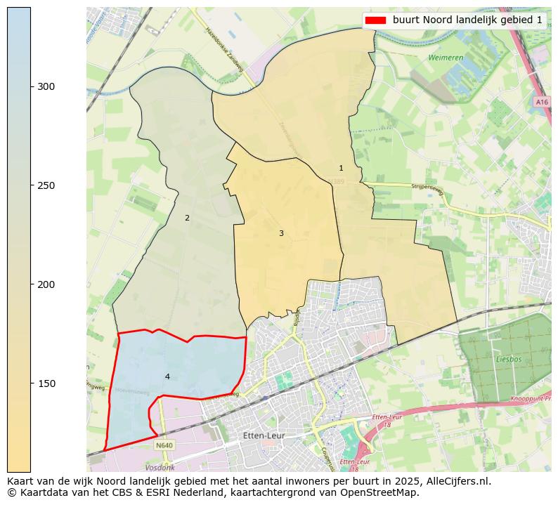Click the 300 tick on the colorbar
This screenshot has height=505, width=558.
(31, 86)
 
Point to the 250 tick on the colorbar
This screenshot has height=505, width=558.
(31, 185)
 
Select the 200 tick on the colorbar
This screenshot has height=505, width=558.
(31, 284)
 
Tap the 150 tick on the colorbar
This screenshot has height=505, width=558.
(31, 383)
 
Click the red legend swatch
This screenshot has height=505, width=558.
(376, 20)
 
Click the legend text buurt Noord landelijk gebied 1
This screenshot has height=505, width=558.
(467, 20)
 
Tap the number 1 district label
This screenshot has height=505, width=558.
(342, 168)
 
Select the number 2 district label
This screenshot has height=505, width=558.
(187, 218)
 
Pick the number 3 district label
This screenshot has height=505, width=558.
(281, 233)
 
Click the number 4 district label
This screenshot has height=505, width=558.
(167, 376)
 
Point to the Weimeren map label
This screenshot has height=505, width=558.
(445, 57)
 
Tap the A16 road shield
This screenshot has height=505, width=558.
(541, 102)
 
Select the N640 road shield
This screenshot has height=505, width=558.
(164, 445)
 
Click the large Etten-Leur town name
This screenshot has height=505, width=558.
(263, 435)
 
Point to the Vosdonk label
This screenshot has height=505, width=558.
(160, 467)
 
